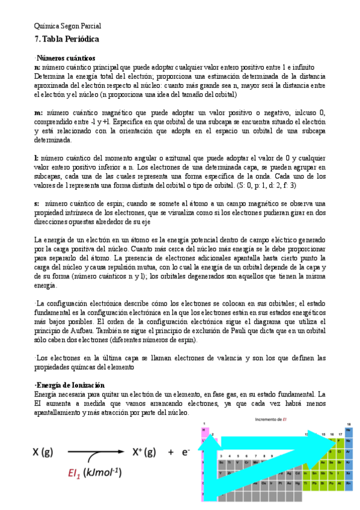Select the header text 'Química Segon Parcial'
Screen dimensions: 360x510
click(x=67, y=26)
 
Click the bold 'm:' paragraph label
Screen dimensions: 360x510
click(x=38, y=112)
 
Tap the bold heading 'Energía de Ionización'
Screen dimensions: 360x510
click(x=70, y=385)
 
